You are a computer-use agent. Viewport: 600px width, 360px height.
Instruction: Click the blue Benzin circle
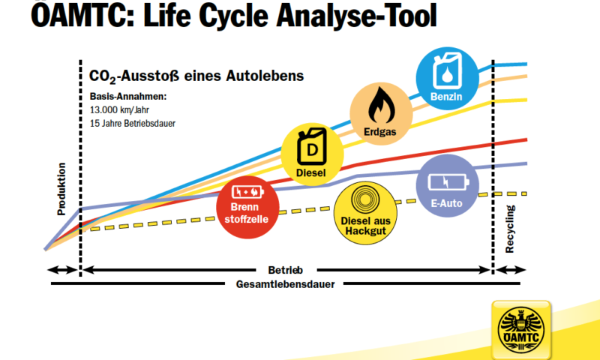447,79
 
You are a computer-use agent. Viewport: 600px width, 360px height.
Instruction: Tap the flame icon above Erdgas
381,105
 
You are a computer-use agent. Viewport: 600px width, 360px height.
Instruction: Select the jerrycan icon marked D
312,147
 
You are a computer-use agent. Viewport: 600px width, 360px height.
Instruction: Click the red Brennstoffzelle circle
247,207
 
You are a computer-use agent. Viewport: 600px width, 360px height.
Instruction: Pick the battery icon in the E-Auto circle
448,181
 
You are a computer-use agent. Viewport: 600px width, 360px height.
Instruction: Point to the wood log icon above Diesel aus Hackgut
365,200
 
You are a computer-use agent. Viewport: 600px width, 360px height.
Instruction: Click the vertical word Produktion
61,189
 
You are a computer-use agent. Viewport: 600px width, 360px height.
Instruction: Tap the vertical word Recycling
510,229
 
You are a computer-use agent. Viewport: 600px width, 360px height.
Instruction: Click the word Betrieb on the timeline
286,271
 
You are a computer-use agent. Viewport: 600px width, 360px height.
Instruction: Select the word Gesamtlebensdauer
285,285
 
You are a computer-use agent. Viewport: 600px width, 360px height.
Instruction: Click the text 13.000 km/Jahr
119,110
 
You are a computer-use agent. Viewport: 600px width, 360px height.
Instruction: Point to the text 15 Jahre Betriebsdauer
133,124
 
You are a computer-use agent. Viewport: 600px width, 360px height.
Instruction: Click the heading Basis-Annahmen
128,97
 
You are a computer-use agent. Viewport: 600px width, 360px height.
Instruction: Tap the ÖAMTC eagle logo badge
520,330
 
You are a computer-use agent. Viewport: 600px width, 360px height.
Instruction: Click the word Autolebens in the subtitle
265,76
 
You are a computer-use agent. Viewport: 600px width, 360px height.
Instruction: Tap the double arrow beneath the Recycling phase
511,270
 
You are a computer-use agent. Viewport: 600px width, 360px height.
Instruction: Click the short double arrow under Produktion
62,270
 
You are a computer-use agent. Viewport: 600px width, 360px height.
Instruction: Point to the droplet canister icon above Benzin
447,71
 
